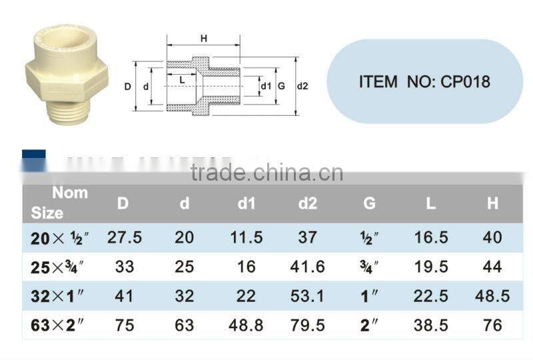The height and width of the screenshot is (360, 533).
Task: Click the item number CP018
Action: pyautogui.click(x=424, y=82)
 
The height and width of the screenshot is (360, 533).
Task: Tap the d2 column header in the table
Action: pyautogui.click(x=307, y=203)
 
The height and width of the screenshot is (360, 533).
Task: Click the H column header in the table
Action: pyautogui.click(x=492, y=203)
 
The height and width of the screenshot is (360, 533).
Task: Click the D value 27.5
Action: pyautogui.click(x=125, y=237)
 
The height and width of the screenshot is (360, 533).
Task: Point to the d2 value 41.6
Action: pyautogui.click(x=307, y=267)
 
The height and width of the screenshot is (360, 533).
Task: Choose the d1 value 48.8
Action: pyautogui.click(x=246, y=325)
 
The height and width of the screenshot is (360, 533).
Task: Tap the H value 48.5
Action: pyautogui.click(x=492, y=296)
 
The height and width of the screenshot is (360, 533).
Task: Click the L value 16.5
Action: pyautogui.click(x=430, y=237)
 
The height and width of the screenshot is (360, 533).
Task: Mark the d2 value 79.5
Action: pyautogui.click(x=307, y=325)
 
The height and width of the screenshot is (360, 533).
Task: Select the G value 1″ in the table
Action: pyautogui.click(x=369, y=296)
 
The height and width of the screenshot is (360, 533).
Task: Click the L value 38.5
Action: pyautogui.click(x=430, y=325)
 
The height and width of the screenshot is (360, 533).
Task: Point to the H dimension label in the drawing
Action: pyautogui.click(x=203, y=39)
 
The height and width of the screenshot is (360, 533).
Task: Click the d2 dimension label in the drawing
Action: pyautogui.click(x=302, y=85)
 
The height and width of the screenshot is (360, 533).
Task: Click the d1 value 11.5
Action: pyautogui.click(x=246, y=237)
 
